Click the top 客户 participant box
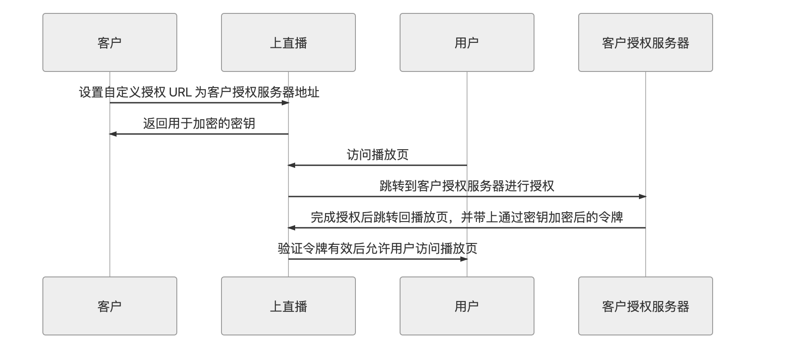coord(110,42)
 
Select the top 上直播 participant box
coord(288,42)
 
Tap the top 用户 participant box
coord(467,42)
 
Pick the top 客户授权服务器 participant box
coord(646,42)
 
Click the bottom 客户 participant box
coord(110,306)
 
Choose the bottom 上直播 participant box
coord(288,306)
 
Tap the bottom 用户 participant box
coord(467,306)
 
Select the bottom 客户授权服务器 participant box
coord(646,306)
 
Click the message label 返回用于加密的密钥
coord(199,123)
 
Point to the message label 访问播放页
coord(378,155)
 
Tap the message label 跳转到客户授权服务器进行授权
coord(467,186)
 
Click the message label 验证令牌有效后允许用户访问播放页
coord(378,248)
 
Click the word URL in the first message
coord(180,92)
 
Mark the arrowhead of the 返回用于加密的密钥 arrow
coord(113,134)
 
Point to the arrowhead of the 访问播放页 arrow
coord(292,165)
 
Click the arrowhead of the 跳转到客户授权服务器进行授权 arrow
coord(643,197)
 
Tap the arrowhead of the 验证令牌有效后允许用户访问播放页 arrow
coord(464,259)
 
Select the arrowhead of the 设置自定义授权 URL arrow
coord(285,103)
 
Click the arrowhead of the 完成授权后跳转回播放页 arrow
coord(292,228)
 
